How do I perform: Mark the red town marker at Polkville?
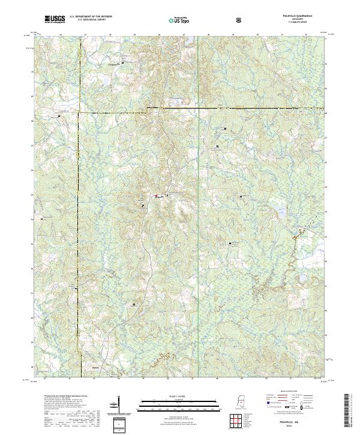pyautogui.click(x=157, y=196)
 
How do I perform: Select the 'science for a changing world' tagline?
pyautogui.click(x=53, y=23)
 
